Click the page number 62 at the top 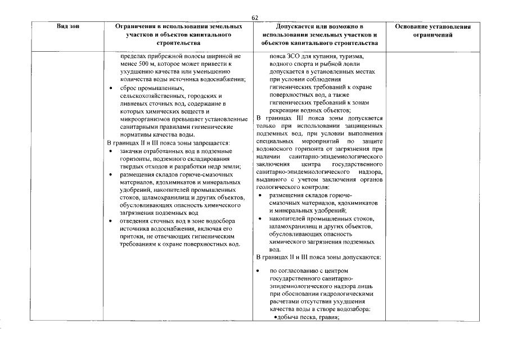click(x=255, y=18)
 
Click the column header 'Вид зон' click(x=67, y=26)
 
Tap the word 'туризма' click(x=349, y=57)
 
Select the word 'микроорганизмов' click(x=146, y=119)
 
